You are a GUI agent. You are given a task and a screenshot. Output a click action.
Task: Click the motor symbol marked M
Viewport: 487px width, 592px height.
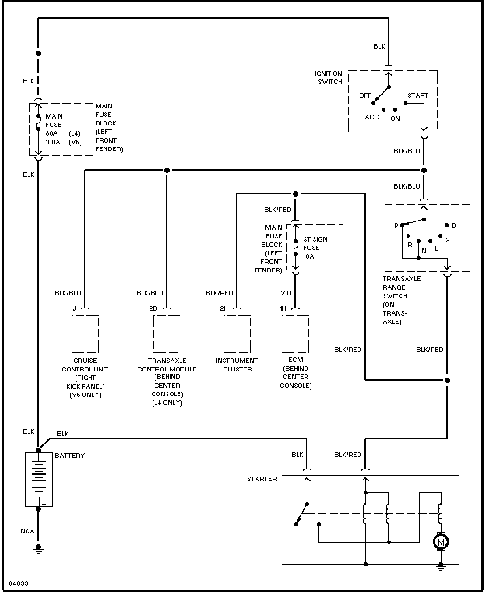click(441, 542)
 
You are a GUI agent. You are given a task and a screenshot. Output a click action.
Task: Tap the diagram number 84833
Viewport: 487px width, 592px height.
click(19, 583)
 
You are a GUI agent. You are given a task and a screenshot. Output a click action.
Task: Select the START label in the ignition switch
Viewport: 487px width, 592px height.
click(418, 95)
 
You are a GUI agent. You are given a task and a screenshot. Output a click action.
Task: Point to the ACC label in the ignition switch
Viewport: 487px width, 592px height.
click(372, 117)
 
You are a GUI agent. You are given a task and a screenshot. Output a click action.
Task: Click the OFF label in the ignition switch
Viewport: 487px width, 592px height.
click(365, 95)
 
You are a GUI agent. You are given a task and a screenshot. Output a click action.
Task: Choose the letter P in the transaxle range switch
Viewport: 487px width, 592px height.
click(396, 226)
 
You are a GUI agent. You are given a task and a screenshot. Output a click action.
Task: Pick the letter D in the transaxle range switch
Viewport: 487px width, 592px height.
click(454, 226)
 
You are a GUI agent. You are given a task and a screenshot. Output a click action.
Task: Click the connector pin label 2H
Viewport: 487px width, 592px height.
click(224, 308)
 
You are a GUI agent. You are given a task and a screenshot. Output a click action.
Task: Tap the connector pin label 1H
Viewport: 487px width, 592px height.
click(283, 308)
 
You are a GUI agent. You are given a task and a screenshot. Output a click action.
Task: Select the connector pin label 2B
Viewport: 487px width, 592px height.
click(153, 308)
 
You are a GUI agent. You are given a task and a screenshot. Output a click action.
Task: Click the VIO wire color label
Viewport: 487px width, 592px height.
click(286, 293)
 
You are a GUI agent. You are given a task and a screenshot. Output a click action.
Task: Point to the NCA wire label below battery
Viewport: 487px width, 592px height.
click(27, 531)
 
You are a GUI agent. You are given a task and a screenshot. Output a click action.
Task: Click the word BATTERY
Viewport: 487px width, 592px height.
click(69, 456)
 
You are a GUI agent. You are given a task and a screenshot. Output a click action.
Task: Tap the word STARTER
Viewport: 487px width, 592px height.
click(262, 479)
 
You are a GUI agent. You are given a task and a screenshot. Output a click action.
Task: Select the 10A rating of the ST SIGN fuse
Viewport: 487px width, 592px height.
click(308, 256)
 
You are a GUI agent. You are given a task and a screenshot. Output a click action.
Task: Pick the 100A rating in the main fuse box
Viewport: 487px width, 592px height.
click(53, 142)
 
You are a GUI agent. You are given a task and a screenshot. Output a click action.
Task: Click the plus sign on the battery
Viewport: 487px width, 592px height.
click(44, 456)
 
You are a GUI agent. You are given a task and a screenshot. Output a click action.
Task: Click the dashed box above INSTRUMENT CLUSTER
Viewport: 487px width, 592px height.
click(237, 333)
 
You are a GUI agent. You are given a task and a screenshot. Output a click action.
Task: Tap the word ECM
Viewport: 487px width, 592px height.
click(296, 360)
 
